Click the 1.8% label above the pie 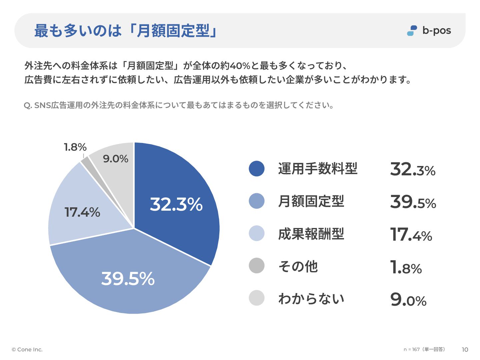click(75, 147)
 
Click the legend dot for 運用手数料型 click(257, 168)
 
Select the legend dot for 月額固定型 click(257, 201)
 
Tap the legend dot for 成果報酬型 click(257, 233)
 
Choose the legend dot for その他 click(257, 266)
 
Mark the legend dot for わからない click(257, 298)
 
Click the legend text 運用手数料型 click(318, 168)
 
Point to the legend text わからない click(311, 298)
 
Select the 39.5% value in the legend click(413, 202)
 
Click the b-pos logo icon click(412, 31)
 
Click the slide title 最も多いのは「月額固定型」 click(126, 31)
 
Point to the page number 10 click(465, 350)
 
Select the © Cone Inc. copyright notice click(27, 350)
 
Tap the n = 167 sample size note click(424, 349)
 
